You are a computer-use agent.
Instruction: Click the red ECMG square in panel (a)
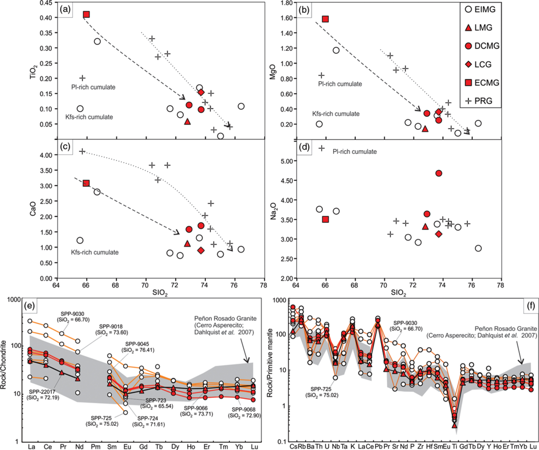[x=86, y=14]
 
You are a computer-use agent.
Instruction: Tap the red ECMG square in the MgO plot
[x=325, y=19]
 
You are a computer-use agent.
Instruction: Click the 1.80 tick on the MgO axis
[x=288, y=2]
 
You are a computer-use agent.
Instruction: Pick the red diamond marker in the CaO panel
[x=201, y=250]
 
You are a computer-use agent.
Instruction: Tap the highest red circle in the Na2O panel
[x=438, y=173]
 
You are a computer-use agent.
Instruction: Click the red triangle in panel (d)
[x=425, y=227]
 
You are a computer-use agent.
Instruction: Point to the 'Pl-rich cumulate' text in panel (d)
[x=354, y=152]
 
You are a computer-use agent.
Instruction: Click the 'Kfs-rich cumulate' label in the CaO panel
[x=95, y=252]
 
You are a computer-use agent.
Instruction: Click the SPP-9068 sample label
[x=244, y=411]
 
